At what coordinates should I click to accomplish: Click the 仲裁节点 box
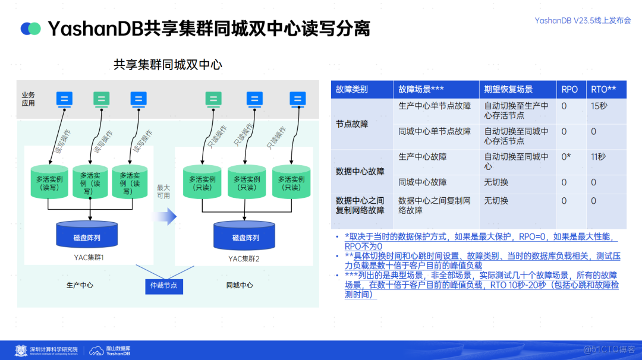(x=164, y=286)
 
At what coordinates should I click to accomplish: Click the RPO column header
(x=569, y=89)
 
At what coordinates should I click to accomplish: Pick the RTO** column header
(x=603, y=89)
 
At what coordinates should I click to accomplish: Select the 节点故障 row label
(x=352, y=124)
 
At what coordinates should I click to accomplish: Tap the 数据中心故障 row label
(x=360, y=171)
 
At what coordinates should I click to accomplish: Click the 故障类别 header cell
(x=352, y=89)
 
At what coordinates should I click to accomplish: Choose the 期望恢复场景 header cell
(x=508, y=89)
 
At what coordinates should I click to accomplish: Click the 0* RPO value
(x=566, y=157)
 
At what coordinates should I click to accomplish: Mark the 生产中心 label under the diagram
(x=80, y=285)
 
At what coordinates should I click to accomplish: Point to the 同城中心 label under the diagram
(x=240, y=285)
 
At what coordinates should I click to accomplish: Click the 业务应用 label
(x=28, y=99)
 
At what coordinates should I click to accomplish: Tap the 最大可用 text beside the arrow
(x=163, y=191)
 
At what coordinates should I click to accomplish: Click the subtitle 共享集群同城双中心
(x=168, y=64)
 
